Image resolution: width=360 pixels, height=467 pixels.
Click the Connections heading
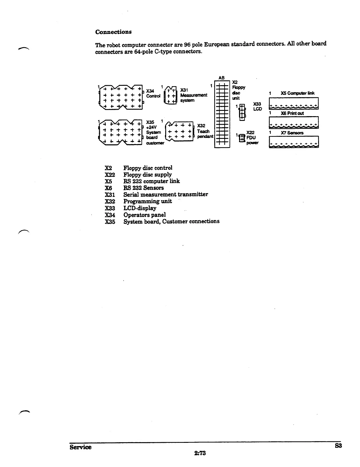point(113,32)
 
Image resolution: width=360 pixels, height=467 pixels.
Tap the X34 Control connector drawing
point(120,95)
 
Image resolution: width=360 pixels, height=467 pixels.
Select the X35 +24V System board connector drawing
point(120,132)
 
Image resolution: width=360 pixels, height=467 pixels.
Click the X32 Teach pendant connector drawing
point(179,131)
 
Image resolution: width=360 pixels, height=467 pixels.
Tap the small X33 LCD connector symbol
point(242,112)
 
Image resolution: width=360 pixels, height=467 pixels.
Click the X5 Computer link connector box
point(294,103)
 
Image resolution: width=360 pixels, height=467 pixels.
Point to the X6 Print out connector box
point(294,123)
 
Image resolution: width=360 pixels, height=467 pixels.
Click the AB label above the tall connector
point(221,78)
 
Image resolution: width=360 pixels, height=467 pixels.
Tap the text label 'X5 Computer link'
point(297,93)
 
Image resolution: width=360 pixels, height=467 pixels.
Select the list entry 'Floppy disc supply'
point(148,175)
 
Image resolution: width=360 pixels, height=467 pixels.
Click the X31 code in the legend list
point(110,195)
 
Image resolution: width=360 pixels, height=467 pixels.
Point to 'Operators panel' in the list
point(145,215)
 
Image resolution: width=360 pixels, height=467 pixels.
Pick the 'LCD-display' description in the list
point(140,208)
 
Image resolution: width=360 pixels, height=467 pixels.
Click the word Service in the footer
point(81,447)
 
